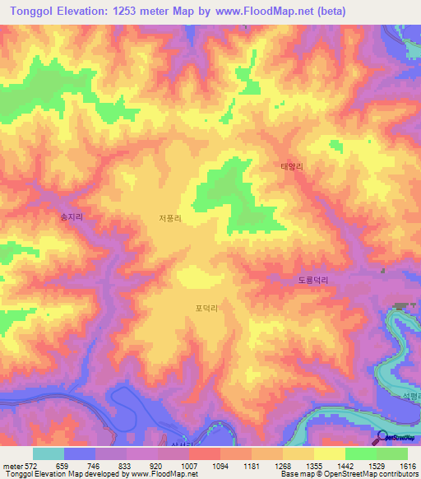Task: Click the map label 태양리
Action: click(293, 166)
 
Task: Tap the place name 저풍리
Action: click(170, 218)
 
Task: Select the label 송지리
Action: click(72, 217)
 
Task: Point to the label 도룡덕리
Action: click(312, 281)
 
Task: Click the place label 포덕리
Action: click(206, 309)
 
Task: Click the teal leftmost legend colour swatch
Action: click(49, 453)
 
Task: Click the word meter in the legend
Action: click(12, 465)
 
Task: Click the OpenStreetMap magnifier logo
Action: click(382, 438)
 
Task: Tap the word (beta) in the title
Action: click(326, 12)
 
